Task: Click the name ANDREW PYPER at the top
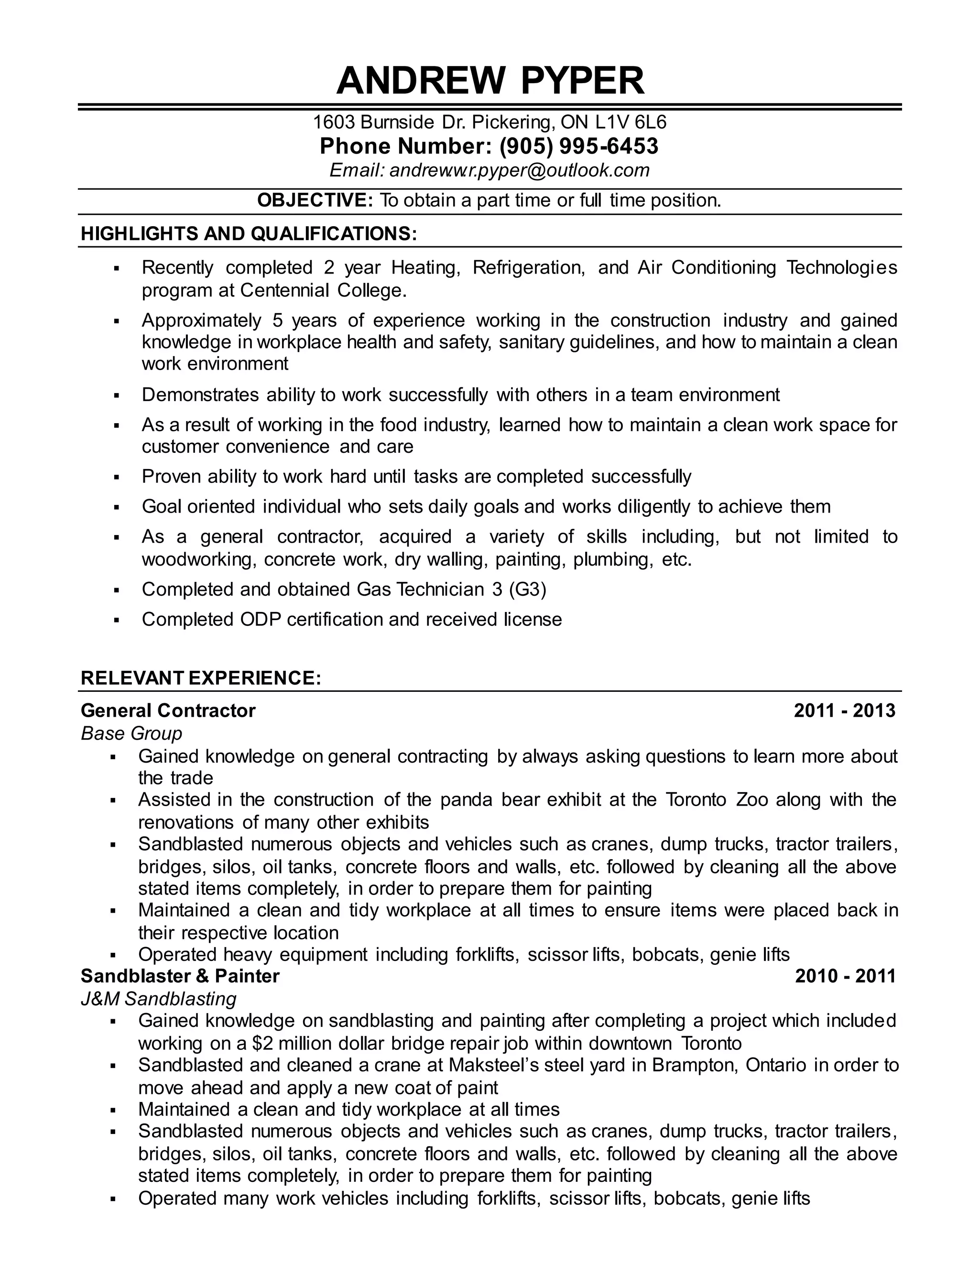click(490, 81)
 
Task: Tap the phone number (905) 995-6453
click(578, 146)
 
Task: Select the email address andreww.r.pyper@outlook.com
click(519, 170)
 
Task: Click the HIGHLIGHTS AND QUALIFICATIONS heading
click(249, 234)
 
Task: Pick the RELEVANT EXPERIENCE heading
click(201, 678)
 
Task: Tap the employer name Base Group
click(131, 734)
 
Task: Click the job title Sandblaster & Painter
click(180, 976)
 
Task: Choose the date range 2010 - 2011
click(845, 976)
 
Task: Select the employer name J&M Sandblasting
click(158, 999)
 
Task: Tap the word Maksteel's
click(495, 1066)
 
